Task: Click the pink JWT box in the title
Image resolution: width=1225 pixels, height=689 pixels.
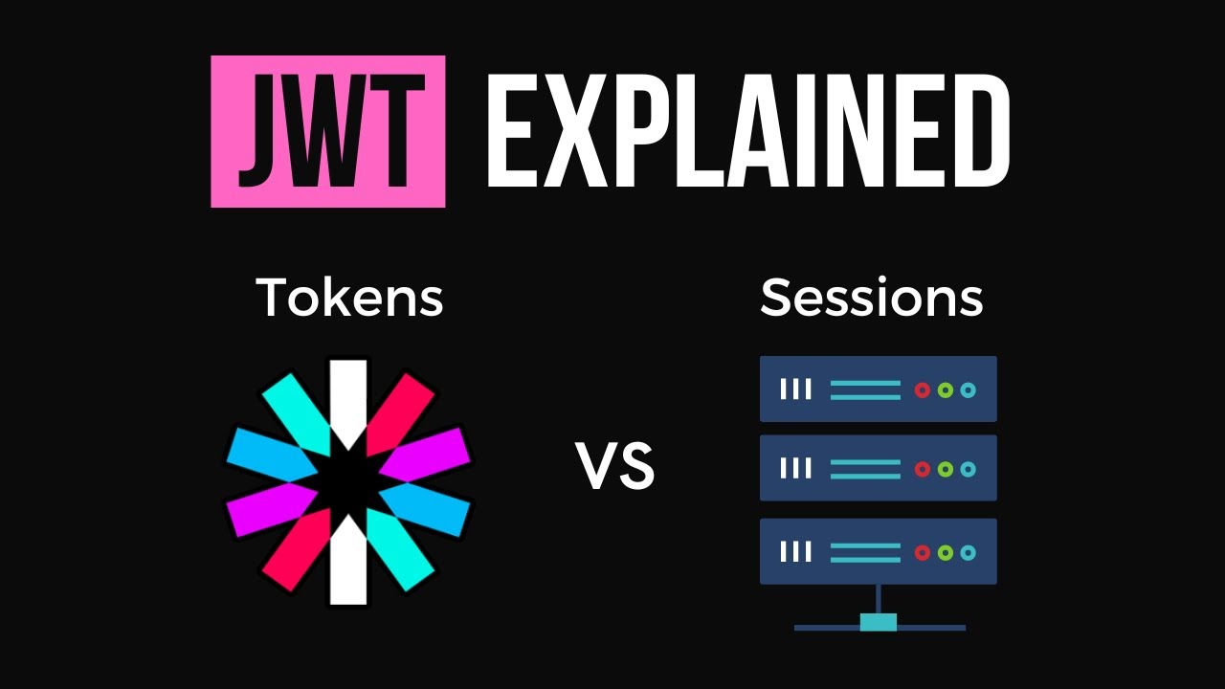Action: click(327, 131)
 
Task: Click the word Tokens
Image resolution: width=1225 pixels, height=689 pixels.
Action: click(349, 298)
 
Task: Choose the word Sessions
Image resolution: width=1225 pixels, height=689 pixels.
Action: click(871, 298)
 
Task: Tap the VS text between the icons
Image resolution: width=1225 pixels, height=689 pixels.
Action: click(615, 466)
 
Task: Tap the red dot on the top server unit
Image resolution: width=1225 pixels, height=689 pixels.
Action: click(923, 389)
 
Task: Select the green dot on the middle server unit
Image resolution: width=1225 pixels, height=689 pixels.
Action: click(946, 469)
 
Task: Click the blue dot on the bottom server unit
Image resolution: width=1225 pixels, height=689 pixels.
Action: click(969, 552)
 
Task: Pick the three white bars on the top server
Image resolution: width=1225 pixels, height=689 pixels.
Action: click(795, 389)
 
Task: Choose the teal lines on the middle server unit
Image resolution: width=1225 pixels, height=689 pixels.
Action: click(865, 469)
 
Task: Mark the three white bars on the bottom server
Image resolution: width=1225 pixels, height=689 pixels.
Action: click(795, 552)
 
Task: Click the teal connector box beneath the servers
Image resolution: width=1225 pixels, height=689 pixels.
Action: click(878, 623)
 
